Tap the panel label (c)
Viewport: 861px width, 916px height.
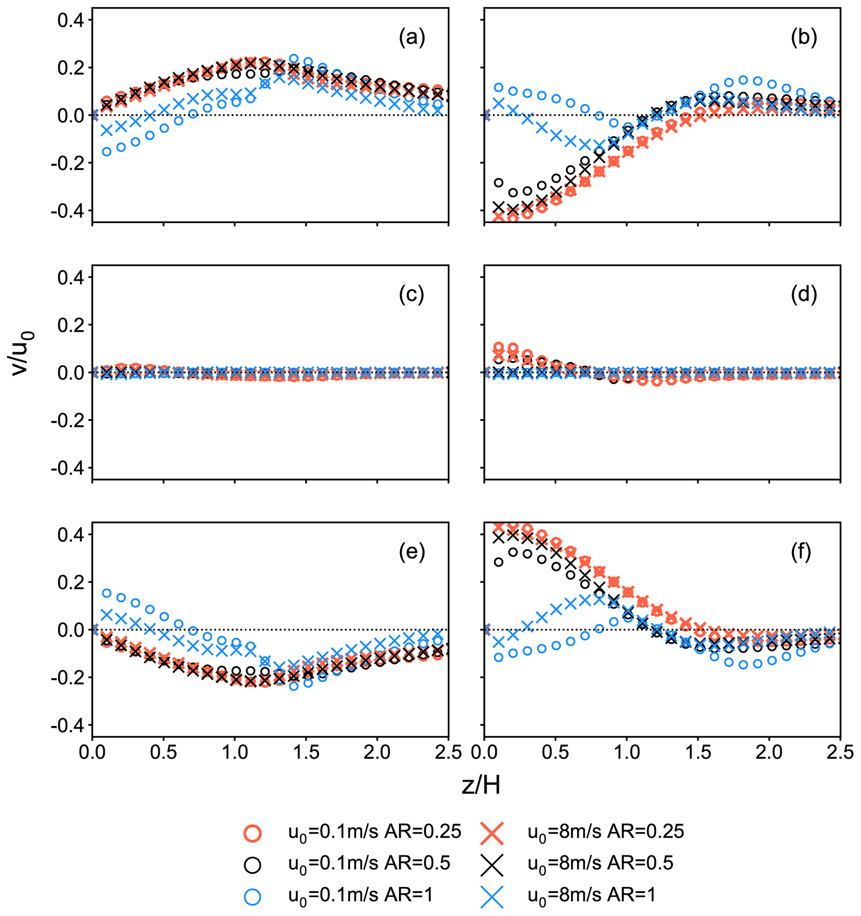412,295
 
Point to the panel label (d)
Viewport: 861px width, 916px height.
804,295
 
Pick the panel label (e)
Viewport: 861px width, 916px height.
412,552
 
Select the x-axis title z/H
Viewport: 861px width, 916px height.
481,786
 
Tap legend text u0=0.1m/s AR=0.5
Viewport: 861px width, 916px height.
369,864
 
